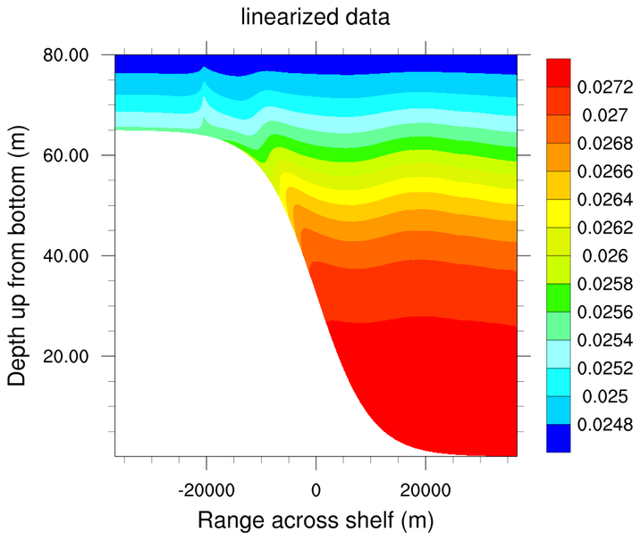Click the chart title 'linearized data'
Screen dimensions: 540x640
click(x=320, y=16)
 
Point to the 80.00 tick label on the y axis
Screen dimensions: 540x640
click(x=65, y=55)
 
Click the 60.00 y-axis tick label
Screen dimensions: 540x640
click(x=65, y=155)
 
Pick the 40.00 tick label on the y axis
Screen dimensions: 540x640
click(x=65, y=256)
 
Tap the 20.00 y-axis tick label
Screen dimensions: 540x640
click(x=65, y=356)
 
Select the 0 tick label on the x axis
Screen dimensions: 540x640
click(x=316, y=489)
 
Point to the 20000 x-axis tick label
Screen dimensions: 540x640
click(x=425, y=489)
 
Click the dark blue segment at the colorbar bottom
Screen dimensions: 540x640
click(x=559, y=438)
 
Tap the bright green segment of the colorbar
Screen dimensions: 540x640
click(x=559, y=298)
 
